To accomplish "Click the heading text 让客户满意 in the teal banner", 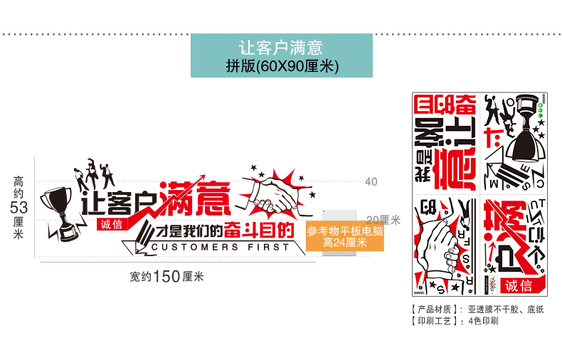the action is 281,48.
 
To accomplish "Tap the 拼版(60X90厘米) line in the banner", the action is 281,65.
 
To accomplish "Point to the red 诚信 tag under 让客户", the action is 112,224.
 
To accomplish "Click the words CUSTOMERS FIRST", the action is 221,247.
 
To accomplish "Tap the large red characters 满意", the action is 196,198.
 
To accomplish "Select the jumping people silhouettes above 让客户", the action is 92,171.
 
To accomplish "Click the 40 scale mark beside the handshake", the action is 371,181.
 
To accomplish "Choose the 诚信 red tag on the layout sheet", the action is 518,285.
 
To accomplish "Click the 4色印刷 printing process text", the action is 483,321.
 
